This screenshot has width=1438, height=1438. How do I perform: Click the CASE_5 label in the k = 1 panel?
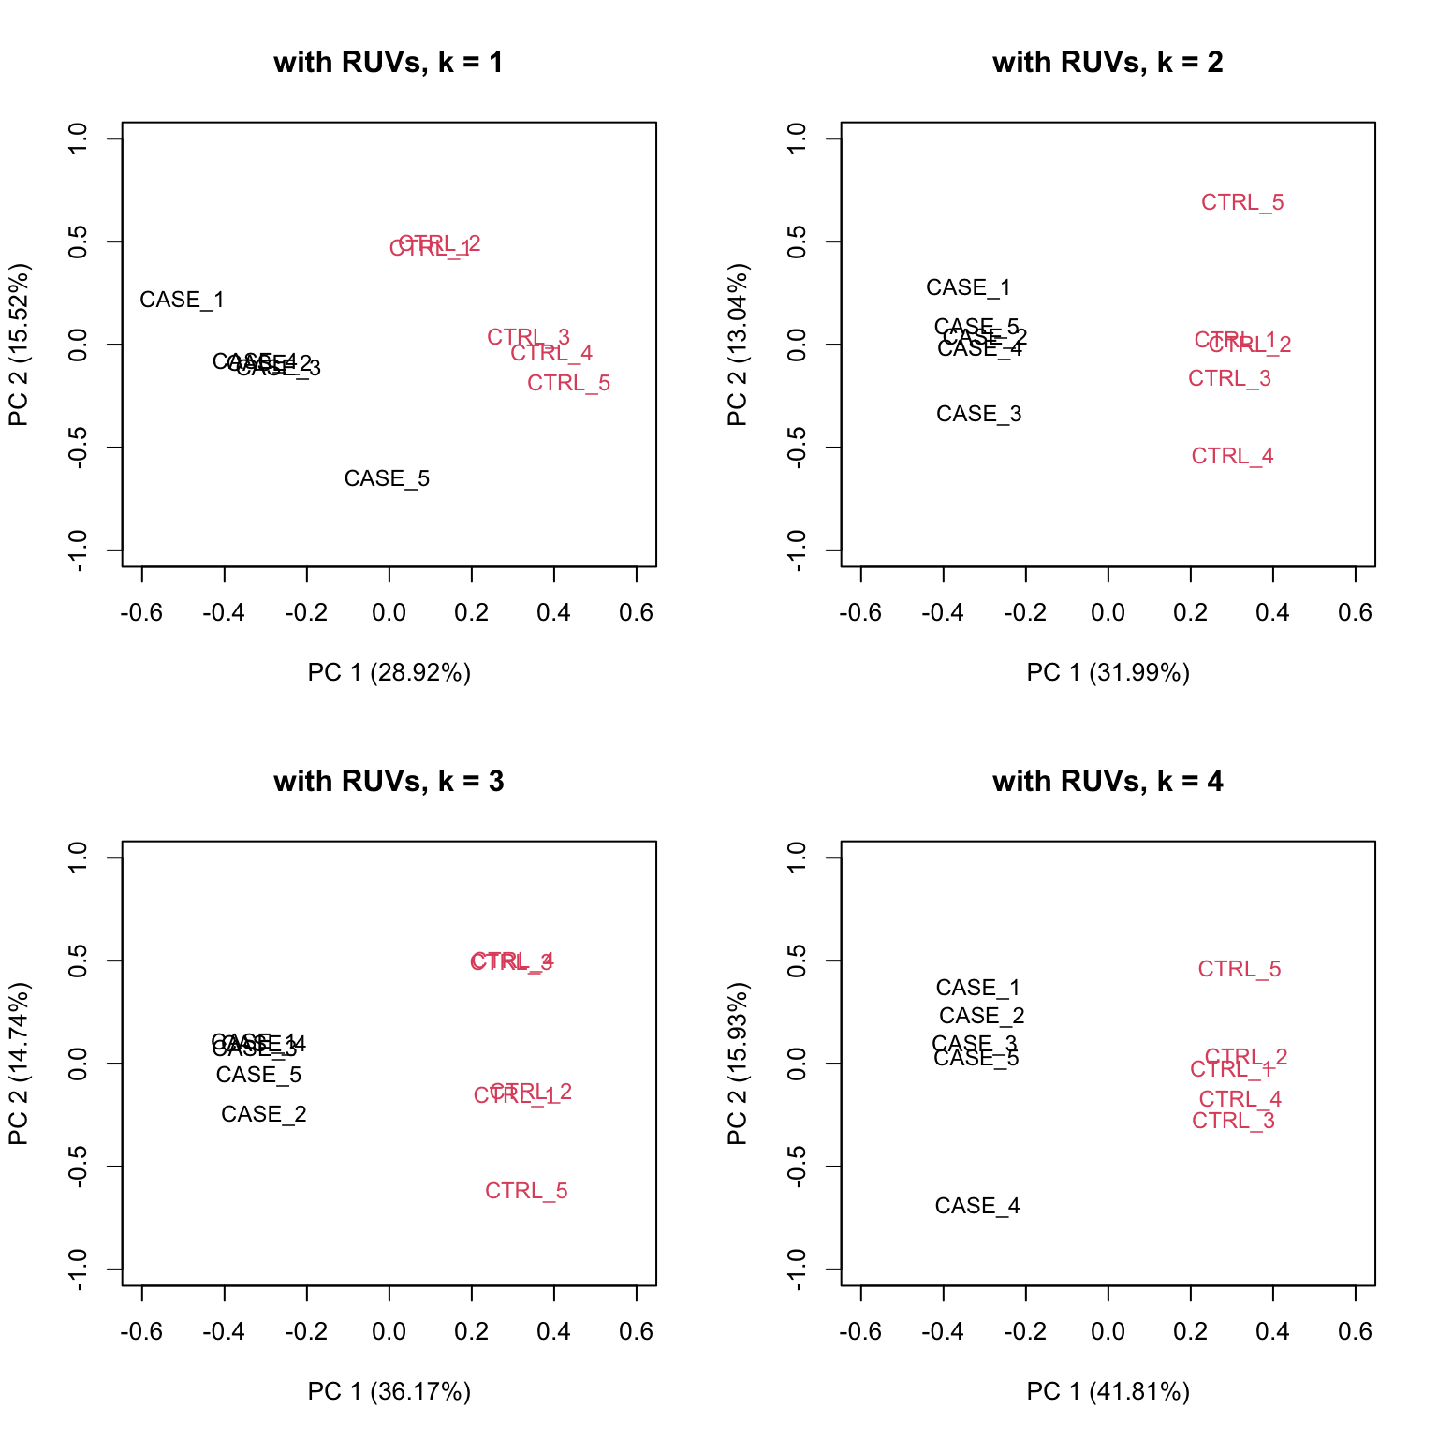[x=387, y=479]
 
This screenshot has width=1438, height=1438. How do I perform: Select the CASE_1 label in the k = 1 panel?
[x=182, y=301]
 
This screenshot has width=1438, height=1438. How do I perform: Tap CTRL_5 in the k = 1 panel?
[x=568, y=384]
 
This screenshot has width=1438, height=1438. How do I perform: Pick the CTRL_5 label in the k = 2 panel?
[x=1242, y=203]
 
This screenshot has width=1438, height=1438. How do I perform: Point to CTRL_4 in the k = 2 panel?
[x=1232, y=457]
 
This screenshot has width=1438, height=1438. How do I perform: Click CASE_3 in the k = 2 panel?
[x=978, y=415]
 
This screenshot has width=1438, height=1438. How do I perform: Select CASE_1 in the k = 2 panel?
[x=968, y=288]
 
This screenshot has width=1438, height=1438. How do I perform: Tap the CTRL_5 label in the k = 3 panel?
[x=526, y=1192]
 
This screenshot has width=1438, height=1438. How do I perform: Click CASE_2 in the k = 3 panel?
[x=263, y=1115]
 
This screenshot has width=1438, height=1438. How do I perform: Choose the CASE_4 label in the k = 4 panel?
[x=976, y=1207]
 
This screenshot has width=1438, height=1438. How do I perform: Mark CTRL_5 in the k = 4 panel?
[x=1239, y=970]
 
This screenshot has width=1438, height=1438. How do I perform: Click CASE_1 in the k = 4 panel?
[x=977, y=989]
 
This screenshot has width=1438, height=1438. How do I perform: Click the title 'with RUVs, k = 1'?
[x=389, y=63]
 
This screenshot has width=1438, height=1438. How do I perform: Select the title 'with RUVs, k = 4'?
[x=1108, y=782]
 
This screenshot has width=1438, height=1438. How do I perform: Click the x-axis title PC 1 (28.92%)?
[x=389, y=673]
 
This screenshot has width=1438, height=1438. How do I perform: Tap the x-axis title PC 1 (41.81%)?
[x=1108, y=1392]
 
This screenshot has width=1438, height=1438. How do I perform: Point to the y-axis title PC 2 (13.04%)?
[x=738, y=345]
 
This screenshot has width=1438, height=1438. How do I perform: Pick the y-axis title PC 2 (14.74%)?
[x=19, y=1064]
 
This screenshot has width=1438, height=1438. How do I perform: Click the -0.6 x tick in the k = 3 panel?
[x=141, y=1332]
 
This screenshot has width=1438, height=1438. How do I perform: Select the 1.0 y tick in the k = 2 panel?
[x=797, y=139]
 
